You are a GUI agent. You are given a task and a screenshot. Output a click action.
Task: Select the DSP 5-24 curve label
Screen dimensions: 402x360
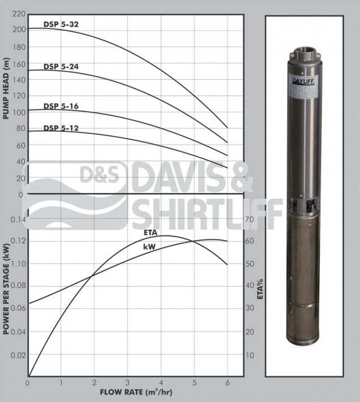tap(62, 67)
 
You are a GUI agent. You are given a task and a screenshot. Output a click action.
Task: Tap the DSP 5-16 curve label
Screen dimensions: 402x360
tap(62, 106)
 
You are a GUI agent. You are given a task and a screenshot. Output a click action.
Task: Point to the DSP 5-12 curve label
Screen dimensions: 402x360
tap(62, 128)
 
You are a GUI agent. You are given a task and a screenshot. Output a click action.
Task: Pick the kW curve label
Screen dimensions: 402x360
tap(149, 247)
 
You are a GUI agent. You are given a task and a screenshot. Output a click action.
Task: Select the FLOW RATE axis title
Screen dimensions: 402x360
tap(136, 391)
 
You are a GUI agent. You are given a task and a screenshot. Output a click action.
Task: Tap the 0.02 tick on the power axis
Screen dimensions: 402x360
tap(17, 355)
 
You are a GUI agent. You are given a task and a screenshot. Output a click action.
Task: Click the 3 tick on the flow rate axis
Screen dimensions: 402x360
tap(128, 382)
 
